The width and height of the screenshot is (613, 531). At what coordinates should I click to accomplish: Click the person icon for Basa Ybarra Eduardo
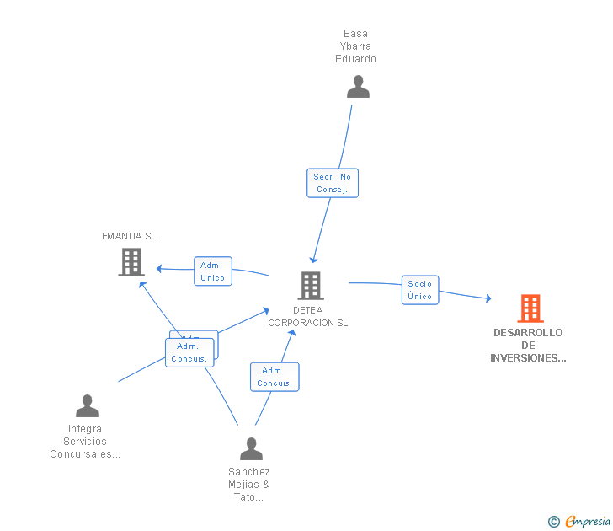[x=358, y=87]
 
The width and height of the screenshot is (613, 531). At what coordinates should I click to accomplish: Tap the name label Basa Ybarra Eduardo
[x=355, y=47]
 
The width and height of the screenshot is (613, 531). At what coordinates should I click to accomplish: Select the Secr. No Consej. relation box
[x=333, y=183]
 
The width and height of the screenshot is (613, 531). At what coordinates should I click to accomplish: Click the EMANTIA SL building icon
[x=131, y=262]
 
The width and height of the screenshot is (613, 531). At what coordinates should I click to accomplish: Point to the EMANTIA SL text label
[x=129, y=236]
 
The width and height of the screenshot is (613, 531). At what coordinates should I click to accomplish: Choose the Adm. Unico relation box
[x=213, y=271]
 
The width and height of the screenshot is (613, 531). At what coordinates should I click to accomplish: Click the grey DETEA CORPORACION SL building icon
[x=311, y=286]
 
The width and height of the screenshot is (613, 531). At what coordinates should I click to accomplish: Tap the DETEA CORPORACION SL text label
[x=307, y=317]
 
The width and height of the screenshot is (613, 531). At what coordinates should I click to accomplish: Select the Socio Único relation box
[x=419, y=290]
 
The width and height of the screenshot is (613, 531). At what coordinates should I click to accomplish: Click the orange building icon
[x=530, y=308]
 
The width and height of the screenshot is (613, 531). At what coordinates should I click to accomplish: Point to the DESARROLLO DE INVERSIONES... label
[x=528, y=346]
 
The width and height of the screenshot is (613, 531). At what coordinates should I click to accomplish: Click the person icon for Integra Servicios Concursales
[x=87, y=406]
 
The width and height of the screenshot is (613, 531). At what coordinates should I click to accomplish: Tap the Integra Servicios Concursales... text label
[x=85, y=442]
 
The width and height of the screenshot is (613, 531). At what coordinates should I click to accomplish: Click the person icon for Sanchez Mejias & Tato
[x=251, y=449]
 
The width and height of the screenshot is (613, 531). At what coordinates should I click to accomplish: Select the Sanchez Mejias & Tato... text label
[x=249, y=485]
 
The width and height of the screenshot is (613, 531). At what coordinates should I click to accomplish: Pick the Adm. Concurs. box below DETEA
[x=275, y=377]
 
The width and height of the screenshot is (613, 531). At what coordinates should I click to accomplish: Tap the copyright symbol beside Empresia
[x=554, y=522]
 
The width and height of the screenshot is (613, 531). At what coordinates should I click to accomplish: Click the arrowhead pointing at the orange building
[x=488, y=298]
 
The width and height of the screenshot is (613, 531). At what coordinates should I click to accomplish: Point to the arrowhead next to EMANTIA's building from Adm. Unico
[x=160, y=269]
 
